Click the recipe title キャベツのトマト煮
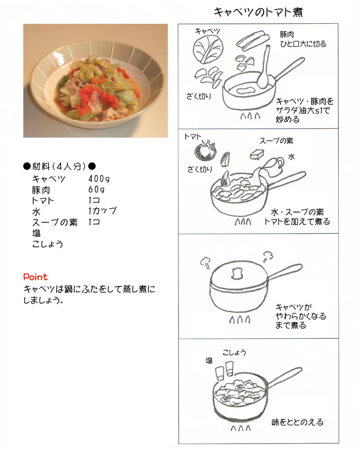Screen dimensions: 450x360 258,12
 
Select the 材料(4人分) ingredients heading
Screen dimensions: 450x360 59,166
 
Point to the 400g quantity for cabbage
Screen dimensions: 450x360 99,178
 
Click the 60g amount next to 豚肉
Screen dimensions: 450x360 97,190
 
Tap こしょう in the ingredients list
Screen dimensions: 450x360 48,244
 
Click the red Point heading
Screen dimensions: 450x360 35,277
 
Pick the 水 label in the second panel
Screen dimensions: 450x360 291,158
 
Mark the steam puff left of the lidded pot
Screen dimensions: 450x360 205,262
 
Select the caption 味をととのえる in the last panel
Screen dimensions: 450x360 297,422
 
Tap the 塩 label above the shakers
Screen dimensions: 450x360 209,360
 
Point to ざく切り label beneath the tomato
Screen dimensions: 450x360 200,169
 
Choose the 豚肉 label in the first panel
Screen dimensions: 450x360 288,34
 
